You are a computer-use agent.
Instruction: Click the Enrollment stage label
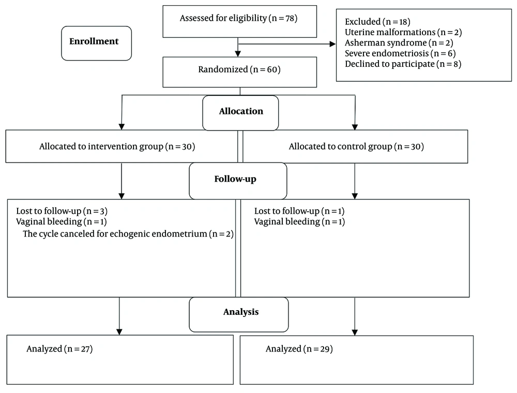coord(94,41)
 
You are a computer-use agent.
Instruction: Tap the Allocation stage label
coord(241,111)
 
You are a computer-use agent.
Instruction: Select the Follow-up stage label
coord(235,179)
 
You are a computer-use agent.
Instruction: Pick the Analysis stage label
coord(241,312)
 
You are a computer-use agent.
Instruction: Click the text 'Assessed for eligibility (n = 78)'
coord(238,18)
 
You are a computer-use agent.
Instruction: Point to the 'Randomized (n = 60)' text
coord(239,70)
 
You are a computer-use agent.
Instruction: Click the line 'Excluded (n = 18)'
coord(377,22)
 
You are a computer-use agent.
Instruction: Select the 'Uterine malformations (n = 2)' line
coord(403,33)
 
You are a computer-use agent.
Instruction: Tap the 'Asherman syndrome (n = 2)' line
coord(399,43)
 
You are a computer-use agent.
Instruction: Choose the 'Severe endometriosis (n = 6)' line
coord(400,53)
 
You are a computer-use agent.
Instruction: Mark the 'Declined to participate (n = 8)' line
coord(403,64)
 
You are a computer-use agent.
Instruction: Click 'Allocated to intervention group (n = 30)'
coord(117,147)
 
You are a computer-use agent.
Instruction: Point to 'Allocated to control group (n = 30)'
coord(356,147)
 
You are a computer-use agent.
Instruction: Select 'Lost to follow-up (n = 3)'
coord(62,211)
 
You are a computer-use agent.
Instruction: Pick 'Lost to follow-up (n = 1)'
coord(299,211)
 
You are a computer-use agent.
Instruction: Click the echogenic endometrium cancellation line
coord(128,234)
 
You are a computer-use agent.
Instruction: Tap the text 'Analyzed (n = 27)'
coord(59,349)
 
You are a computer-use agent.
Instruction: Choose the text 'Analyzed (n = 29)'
coord(299,349)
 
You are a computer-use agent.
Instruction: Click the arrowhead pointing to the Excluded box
coord(332,44)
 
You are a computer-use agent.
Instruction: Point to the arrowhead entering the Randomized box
coord(238,54)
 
